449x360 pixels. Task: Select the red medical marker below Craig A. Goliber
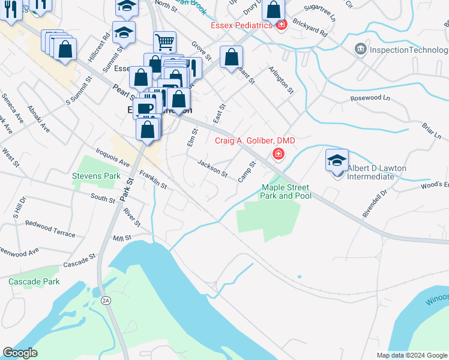click(278, 154)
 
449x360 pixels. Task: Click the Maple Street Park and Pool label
click(286, 191)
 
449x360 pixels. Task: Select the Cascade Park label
click(34, 281)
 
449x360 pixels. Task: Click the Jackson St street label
click(213, 169)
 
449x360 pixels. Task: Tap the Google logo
click(20, 353)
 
